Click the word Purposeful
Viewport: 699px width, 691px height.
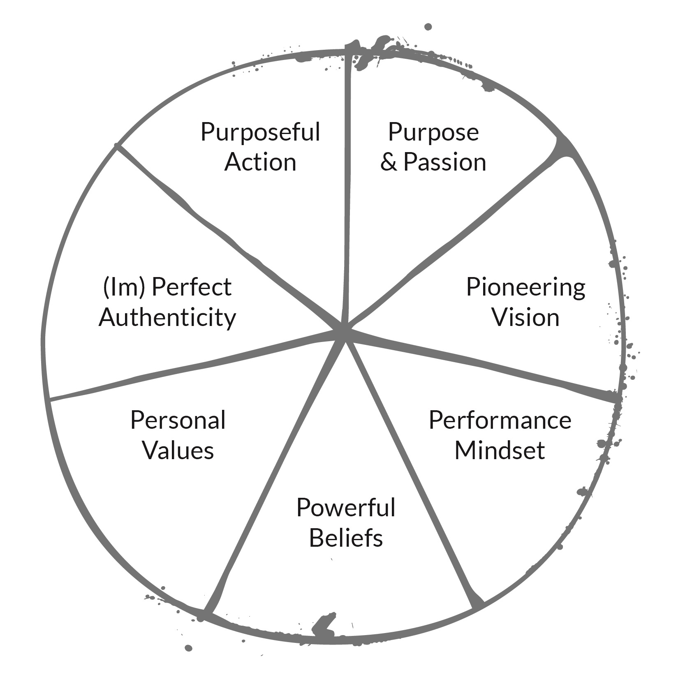coord(260,132)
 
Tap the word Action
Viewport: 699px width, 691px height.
coord(260,162)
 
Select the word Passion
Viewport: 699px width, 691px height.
coord(445,162)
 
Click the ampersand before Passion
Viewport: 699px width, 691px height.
coord(389,162)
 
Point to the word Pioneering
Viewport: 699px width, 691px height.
coord(525,288)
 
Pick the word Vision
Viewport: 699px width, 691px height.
coord(526,317)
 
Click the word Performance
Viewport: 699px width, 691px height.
coord(500,421)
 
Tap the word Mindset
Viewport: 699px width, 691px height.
coord(500,450)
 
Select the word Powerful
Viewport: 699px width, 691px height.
coord(346,508)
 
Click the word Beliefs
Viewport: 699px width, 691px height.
coord(346,537)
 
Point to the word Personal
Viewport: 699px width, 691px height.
coord(178,421)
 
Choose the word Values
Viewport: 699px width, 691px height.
coord(178,450)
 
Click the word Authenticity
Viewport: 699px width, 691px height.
coord(167,317)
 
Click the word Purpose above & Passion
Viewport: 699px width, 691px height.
coord(433,132)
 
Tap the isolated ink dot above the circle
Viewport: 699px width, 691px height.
coord(428,27)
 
